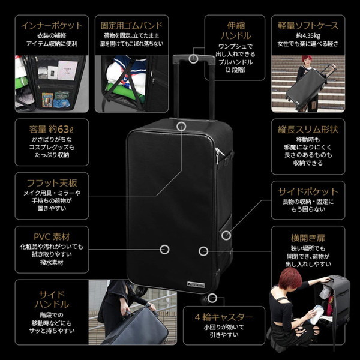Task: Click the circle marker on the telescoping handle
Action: click(x=193, y=58)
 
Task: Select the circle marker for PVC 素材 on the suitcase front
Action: click(x=165, y=249)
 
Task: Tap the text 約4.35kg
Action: click(x=308, y=36)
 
